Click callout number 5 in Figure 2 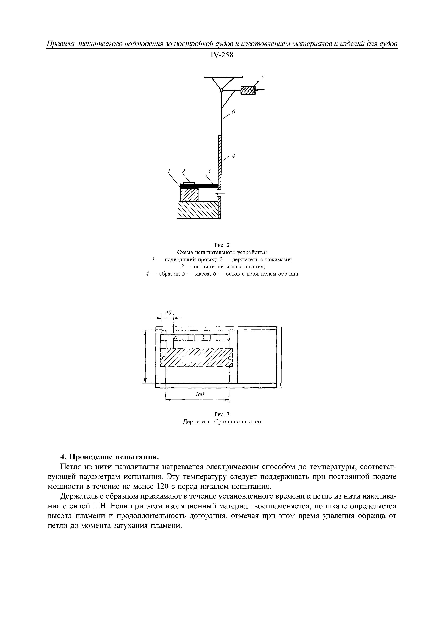(262, 77)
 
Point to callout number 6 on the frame (233, 112)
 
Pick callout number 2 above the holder (184, 171)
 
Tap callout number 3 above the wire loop (209, 171)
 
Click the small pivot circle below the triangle (221, 90)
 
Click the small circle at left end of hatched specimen (164, 358)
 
